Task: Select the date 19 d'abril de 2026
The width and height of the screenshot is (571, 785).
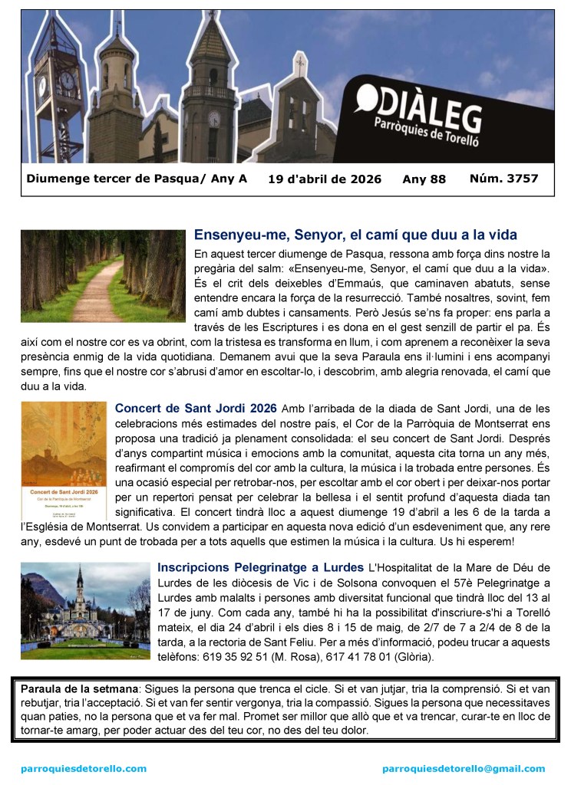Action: click(x=325, y=179)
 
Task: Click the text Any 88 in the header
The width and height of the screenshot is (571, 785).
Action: click(x=424, y=179)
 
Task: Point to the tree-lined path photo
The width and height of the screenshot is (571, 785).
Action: click(x=103, y=276)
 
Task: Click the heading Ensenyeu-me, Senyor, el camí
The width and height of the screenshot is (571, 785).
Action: click(x=355, y=234)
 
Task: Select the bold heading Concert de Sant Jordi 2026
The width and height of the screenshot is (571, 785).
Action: click(x=196, y=408)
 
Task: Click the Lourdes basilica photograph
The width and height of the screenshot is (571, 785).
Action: click(x=84, y=610)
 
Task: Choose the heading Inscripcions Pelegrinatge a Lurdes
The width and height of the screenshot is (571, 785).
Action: click(x=260, y=568)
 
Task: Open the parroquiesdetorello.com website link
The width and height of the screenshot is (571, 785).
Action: click(x=84, y=768)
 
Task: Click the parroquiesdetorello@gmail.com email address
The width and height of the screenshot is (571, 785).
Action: click(x=464, y=768)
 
